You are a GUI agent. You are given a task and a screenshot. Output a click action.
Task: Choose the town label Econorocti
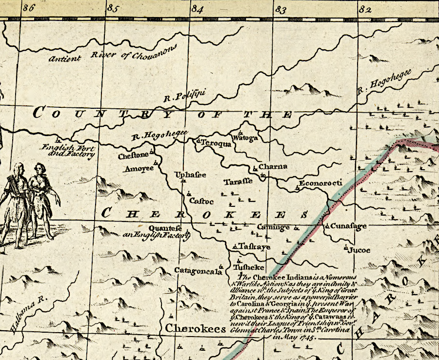[321, 183]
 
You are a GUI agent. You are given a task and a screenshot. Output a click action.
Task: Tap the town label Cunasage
[347, 226]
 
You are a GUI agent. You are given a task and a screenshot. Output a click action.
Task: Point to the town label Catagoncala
[195, 271]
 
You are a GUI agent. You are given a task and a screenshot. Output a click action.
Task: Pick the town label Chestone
[133, 156]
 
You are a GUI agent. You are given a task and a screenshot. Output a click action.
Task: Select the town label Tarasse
[238, 182]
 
